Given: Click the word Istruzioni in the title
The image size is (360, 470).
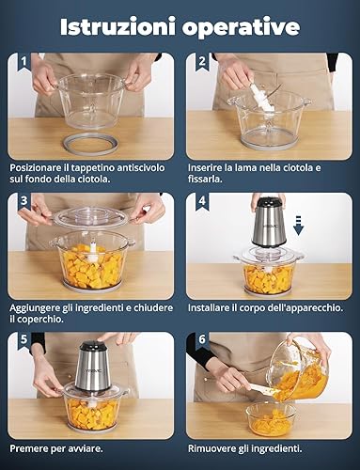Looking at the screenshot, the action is click(117, 27).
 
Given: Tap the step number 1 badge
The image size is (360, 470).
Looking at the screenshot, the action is click(23, 61).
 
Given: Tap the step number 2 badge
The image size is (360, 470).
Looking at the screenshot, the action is click(202, 61).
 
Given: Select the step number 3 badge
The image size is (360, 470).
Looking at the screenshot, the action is click(23, 201).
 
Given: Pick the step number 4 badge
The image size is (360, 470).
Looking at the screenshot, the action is click(202, 201).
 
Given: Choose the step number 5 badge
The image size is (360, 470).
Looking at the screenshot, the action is click(23, 340).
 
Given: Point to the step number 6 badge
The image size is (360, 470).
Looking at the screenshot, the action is click(202, 340).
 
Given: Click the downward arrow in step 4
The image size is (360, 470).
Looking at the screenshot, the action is click(299, 226).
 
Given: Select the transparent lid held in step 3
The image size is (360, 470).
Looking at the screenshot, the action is click(90, 217).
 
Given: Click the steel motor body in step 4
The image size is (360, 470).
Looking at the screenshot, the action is click(267, 225).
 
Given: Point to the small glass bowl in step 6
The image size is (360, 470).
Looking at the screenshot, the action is click(271, 420).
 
